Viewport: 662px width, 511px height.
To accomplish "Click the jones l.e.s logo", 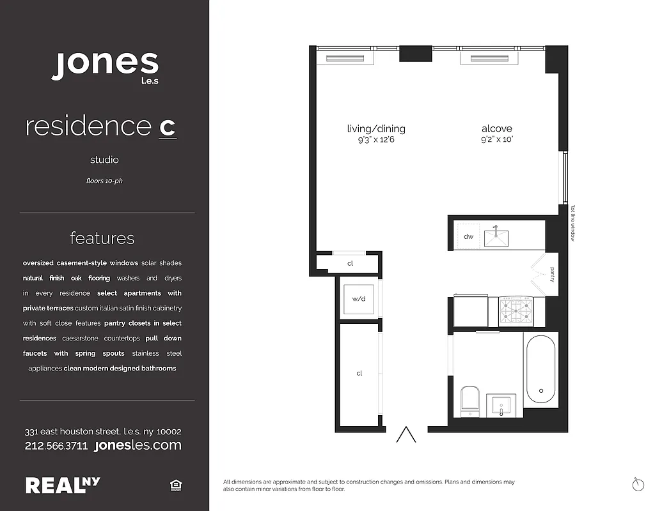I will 105,65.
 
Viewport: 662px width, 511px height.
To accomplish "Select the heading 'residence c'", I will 100,126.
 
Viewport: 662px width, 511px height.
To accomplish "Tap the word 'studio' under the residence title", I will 104,160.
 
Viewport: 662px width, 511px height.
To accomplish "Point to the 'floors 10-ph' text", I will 104,181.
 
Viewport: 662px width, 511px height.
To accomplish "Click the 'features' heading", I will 102,238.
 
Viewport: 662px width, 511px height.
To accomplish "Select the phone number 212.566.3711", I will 56,446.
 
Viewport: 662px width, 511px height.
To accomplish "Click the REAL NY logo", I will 63,485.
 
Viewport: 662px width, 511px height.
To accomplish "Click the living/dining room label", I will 376,129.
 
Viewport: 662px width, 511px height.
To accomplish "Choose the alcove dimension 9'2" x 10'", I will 497,139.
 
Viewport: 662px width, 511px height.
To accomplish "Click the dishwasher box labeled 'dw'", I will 468,236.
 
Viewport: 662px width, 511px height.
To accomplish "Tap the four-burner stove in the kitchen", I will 516,310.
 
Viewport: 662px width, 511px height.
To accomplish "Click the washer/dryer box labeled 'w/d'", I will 358,298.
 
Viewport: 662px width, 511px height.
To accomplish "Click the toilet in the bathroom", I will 470,399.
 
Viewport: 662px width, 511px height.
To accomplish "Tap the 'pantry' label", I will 552,275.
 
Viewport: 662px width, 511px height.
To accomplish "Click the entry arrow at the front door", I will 406,435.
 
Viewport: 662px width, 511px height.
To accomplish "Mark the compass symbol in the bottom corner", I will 637,484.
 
